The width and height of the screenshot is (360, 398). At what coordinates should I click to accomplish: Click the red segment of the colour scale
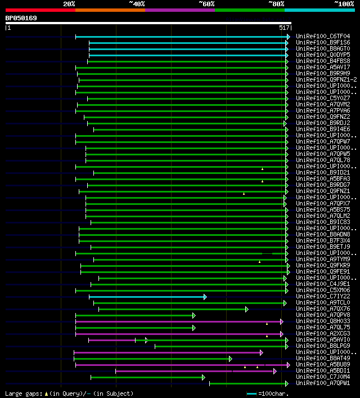click(x=40, y=10)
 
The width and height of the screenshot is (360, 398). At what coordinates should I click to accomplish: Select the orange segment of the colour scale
click(x=110, y=10)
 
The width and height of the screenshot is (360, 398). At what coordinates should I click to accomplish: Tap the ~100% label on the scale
click(x=344, y=4)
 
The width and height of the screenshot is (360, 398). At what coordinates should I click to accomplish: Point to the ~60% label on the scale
click(x=206, y=4)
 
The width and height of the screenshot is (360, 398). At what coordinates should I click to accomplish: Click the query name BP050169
click(x=21, y=18)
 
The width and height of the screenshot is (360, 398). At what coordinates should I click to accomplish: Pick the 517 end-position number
click(x=284, y=28)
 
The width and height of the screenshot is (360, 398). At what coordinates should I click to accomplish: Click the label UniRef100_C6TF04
click(x=322, y=37)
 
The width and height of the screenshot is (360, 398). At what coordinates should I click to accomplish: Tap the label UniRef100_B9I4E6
click(x=322, y=129)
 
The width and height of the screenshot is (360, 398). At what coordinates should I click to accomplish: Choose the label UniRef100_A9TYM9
click(x=322, y=260)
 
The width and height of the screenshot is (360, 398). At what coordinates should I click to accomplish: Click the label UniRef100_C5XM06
click(x=322, y=290)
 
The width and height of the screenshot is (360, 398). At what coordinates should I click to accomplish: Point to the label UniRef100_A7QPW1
click(x=322, y=383)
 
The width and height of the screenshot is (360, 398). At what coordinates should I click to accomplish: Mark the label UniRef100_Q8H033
click(x=322, y=321)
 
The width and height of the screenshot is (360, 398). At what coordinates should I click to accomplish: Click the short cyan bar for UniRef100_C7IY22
click(x=146, y=297)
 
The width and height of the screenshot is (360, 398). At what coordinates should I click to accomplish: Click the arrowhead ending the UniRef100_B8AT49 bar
click(x=230, y=359)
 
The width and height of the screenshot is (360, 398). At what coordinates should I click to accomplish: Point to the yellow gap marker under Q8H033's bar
click(x=267, y=324)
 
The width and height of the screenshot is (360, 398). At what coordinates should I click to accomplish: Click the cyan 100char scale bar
click(x=251, y=393)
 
